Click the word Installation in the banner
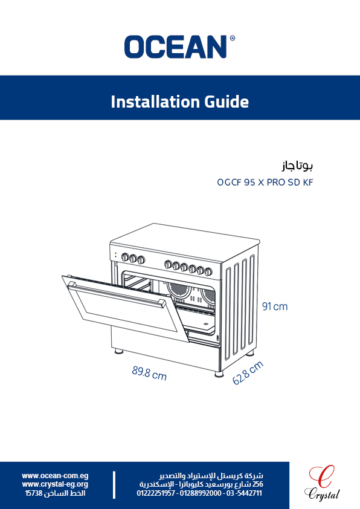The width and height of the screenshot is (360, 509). [155, 102]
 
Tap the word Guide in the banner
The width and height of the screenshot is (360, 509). [227, 102]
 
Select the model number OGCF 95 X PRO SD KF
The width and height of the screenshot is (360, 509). [265, 183]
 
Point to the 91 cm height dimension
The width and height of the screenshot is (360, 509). [275, 306]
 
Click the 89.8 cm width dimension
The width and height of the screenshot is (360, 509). [149, 374]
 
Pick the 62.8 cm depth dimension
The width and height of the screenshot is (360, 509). [248, 373]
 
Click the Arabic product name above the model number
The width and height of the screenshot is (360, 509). [297, 166]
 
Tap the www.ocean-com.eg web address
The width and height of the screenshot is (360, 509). [55, 476]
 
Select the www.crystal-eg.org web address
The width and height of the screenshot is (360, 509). [55, 484]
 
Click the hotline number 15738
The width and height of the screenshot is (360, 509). [34, 493]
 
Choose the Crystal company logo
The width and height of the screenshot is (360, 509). [322, 483]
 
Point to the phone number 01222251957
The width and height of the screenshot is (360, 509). [156, 493]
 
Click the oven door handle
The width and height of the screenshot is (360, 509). [117, 294]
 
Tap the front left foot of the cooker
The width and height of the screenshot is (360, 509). [118, 351]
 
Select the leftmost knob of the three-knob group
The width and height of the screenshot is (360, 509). [125, 257]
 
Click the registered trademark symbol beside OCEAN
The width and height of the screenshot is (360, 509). [232, 38]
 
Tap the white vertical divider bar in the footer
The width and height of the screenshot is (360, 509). [114, 485]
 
